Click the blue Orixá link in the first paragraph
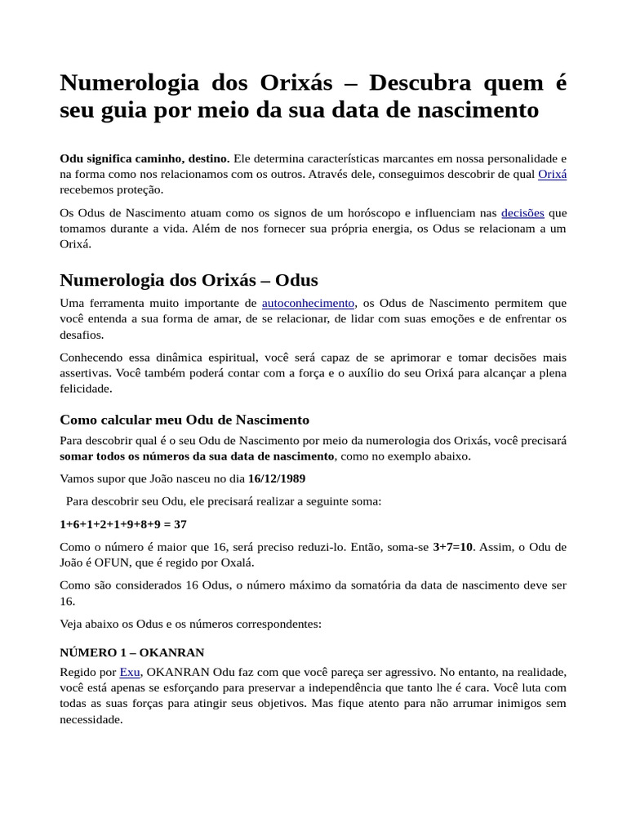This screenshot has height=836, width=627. click(552, 174)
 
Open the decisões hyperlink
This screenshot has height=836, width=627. click(522, 212)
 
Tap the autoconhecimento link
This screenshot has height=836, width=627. click(308, 303)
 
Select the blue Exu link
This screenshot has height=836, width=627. click(130, 672)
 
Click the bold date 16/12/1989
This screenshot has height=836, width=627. click(277, 478)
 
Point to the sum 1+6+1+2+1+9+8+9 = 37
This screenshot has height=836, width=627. click(123, 524)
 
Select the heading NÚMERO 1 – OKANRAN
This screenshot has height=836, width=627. click(132, 652)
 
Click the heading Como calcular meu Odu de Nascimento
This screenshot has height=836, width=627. click(185, 420)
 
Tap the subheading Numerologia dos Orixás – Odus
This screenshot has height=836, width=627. click(189, 280)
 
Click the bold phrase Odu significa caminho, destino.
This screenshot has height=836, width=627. click(145, 158)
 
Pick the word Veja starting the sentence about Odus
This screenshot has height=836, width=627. click(73, 624)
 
